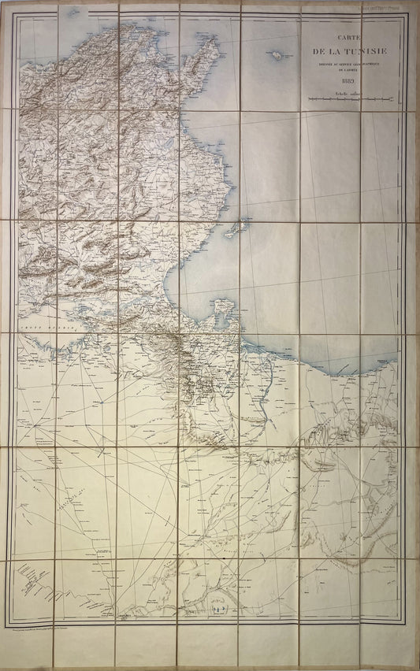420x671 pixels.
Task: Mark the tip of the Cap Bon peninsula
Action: click(x=214, y=39)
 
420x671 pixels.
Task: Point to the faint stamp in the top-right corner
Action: click(x=398, y=6)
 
